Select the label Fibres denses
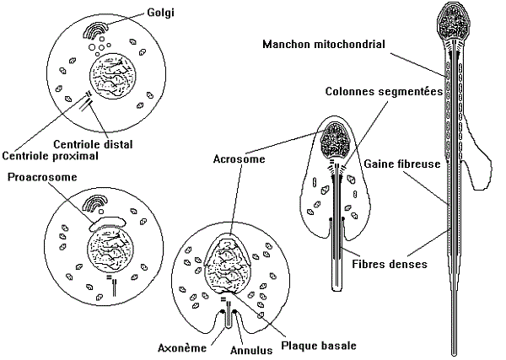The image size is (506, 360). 389,263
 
